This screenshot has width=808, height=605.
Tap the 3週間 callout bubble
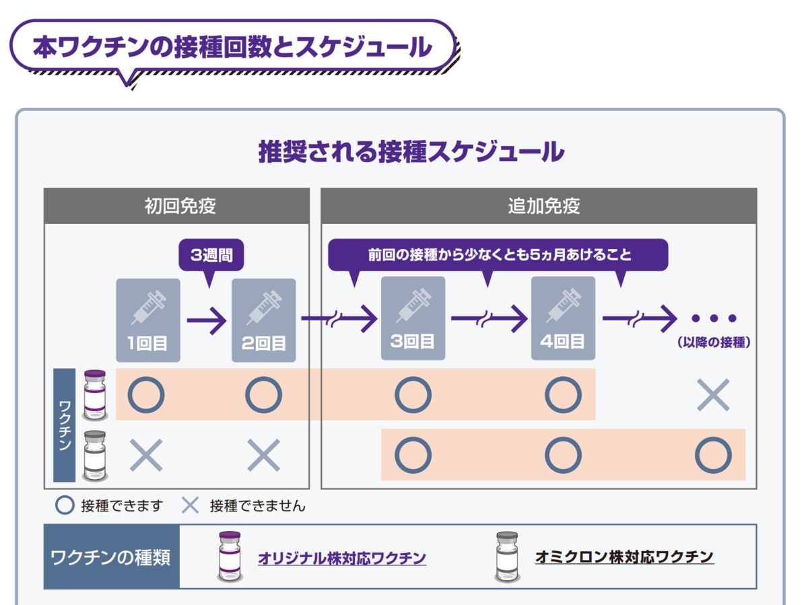point(211,255)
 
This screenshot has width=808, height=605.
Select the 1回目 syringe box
point(148,320)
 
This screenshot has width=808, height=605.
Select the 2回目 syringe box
point(263,320)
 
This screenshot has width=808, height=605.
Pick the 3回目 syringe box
point(413,318)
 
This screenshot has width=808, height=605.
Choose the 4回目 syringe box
point(563,318)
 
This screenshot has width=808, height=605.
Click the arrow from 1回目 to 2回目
point(207,320)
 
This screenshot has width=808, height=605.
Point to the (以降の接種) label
point(714,343)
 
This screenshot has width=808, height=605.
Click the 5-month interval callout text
point(500,254)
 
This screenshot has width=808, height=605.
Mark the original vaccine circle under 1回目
point(146,394)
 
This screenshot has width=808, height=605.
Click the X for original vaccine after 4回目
point(713,395)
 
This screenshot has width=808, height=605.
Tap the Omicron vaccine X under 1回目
point(146,455)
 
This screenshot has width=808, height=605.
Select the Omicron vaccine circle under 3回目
point(413,455)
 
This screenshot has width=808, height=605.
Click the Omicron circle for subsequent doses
point(713,455)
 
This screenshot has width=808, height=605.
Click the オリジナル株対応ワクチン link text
point(342,559)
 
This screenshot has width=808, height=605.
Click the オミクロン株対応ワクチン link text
point(624,557)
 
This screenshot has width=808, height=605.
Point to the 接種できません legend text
point(257,506)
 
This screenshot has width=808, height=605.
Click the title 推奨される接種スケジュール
point(411,151)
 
